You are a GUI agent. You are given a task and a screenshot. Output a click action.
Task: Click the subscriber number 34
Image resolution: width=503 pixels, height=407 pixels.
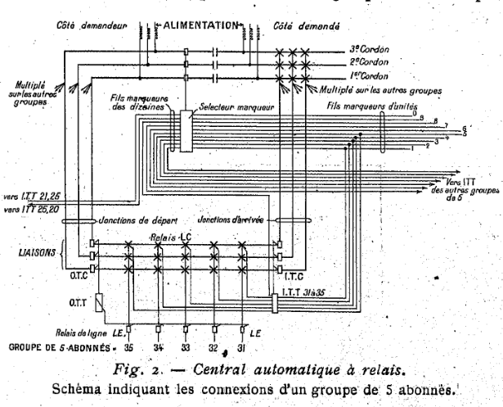point(159,347)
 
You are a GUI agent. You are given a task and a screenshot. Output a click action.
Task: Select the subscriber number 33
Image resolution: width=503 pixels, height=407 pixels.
point(187,347)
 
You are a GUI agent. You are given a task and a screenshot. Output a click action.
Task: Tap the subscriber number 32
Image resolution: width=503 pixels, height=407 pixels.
point(214,347)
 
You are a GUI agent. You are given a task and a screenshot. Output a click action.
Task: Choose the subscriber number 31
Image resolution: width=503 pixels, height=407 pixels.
point(242,347)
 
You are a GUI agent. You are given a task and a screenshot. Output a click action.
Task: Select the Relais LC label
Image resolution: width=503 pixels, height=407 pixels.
point(170,237)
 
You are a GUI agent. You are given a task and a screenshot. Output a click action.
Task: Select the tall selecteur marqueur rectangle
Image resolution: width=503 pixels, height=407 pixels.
point(186,130)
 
